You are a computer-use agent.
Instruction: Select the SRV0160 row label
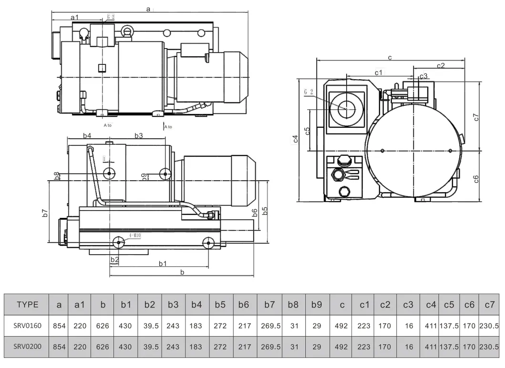[x=28, y=326]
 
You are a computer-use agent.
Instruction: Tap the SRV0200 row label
[x=28, y=347]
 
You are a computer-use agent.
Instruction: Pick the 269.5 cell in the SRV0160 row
[x=269, y=326]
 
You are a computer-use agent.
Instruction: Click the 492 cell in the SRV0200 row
[x=341, y=347]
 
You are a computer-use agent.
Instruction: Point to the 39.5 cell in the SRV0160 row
[x=150, y=326]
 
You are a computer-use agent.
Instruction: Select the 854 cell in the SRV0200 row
[x=59, y=347]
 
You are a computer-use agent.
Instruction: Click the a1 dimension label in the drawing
[x=75, y=17]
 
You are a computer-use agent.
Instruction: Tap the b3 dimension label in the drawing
[x=138, y=136]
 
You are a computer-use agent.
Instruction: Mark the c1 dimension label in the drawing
[x=379, y=72]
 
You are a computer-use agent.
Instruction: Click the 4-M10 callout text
[x=135, y=235]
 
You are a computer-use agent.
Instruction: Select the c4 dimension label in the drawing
[x=296, y=139]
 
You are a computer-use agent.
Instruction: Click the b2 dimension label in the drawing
[x=114, y=259]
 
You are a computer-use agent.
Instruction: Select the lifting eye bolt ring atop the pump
[x=127, y=31]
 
